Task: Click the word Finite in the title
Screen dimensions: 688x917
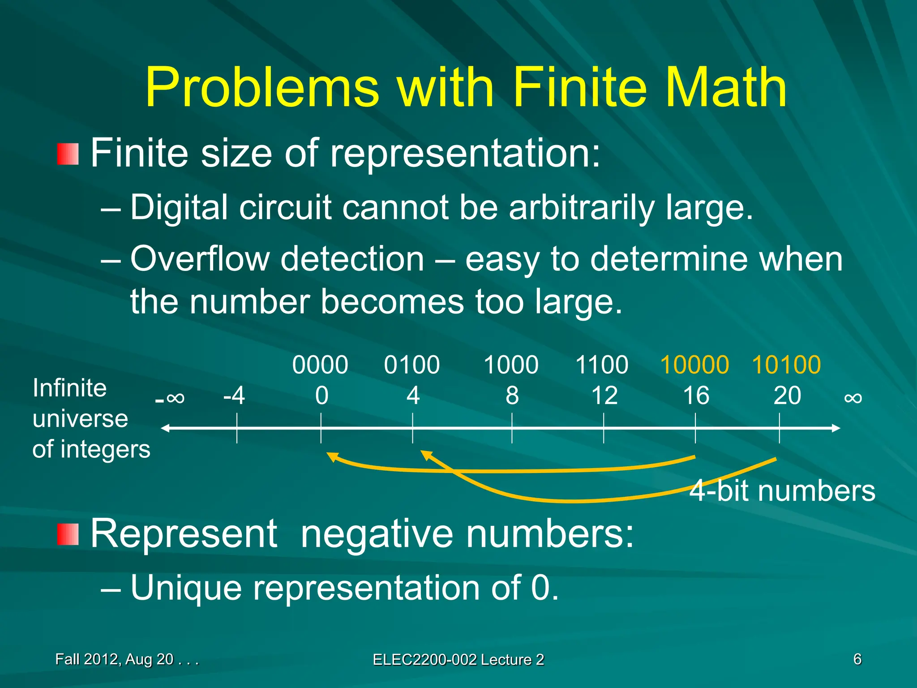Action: [580, 88]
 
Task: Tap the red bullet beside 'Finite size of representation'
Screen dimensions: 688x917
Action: [68, 154]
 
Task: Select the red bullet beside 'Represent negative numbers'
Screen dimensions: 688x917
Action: [68, 534]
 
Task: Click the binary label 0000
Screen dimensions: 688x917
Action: [320, 365]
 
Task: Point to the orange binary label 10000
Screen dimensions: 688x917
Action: [694, 365]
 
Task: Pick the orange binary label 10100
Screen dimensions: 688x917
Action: [786, 365]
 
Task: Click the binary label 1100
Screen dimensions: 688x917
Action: [602, 365]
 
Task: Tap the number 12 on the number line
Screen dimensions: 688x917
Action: [604, 396]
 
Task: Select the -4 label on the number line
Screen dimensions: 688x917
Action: [234, 396]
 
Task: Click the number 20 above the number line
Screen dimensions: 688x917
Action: [787, 396]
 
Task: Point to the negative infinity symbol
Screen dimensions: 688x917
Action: [170, 398]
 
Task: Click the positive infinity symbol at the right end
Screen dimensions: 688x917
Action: [853, 398]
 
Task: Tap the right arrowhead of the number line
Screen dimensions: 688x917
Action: [836, 428]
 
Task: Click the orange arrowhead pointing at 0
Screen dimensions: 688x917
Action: [331, 456]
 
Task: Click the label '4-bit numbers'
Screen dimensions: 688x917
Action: [782, 491]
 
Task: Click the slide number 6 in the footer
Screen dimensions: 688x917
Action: [857, 659]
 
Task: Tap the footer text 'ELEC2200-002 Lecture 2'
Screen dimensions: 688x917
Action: [458, 660]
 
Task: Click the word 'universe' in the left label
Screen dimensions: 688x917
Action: [80, 419]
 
